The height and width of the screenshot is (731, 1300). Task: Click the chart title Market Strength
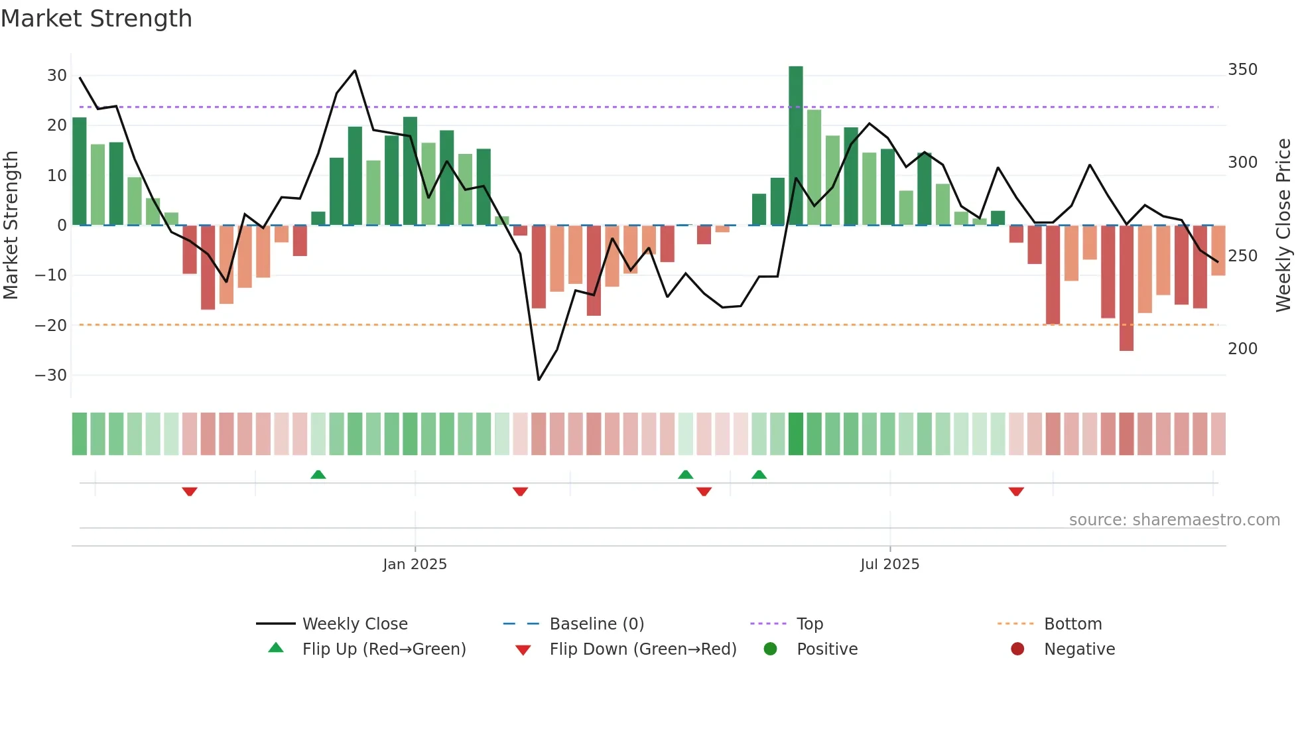[96, 19]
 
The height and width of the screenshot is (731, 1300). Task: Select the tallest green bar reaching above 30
[795, 146]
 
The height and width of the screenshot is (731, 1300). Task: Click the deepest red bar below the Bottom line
[1126, 289]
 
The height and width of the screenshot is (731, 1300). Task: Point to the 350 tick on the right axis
[1242, 70]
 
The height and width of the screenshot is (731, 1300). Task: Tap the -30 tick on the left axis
[51, 375]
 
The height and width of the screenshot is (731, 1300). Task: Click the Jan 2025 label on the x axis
[415, 565]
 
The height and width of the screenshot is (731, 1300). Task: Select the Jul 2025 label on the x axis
[889, 565]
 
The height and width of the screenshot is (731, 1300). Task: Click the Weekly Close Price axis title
[1283, 226]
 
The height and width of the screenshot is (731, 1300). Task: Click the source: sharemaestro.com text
[1174, 520]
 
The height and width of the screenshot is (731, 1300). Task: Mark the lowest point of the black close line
[539, 379]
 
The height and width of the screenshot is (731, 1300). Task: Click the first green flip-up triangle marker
[318, 474]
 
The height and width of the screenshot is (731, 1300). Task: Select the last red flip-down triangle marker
[1016, 492]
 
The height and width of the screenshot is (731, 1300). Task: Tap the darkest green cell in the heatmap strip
[795, 434]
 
